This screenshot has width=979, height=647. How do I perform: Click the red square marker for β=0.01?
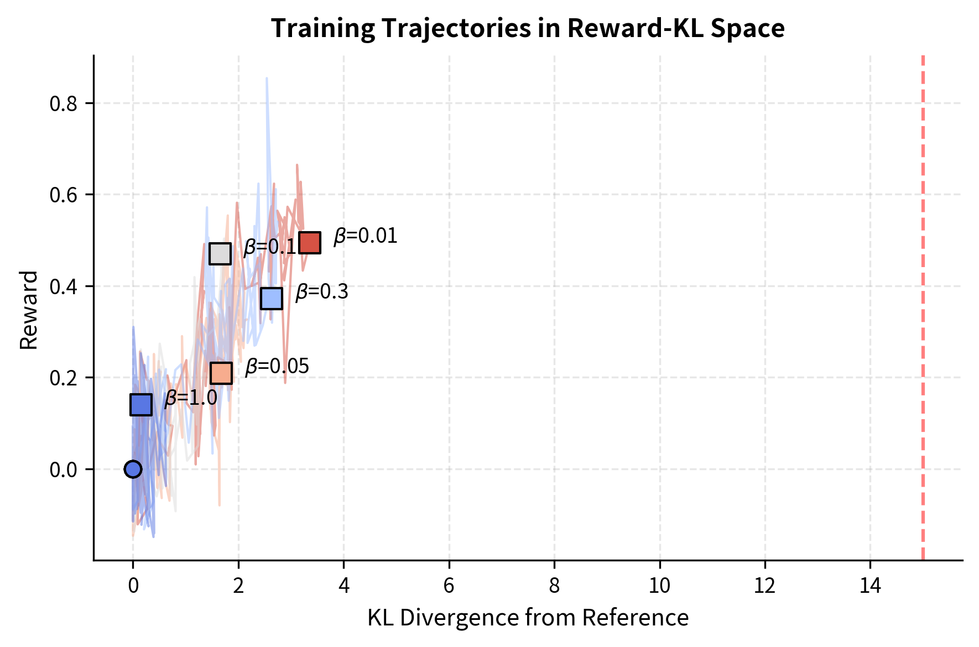pos(310,242)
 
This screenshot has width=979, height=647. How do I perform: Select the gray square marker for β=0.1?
pos(220,254)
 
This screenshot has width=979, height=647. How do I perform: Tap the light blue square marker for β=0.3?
pos(272,298)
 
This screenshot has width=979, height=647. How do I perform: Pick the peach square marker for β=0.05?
pos(221,373)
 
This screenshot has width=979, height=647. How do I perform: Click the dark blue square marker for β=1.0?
pos(141,405)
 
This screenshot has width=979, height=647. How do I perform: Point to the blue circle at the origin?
pos(133,469)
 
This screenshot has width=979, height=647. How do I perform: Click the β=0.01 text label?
pos(366,236)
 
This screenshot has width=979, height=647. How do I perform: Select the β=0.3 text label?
pos(322,292)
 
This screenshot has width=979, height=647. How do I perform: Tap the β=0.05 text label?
pos(277,367)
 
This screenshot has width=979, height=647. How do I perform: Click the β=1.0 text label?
pos(191,398)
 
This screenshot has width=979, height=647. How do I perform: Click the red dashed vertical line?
pos(923,310)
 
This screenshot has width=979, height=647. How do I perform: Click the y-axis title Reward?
pos(29,310)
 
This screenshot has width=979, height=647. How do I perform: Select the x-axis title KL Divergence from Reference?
pos(528,618)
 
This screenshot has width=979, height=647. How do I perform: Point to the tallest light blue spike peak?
pos(267,79)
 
